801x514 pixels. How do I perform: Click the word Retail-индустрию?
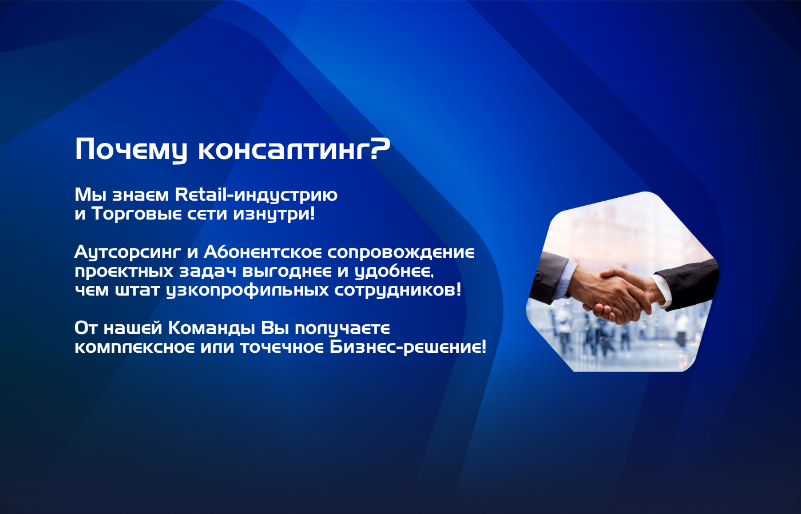(256, 195)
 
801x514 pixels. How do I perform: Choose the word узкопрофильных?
(247, 290)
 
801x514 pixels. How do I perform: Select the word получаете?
(342, 329)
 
